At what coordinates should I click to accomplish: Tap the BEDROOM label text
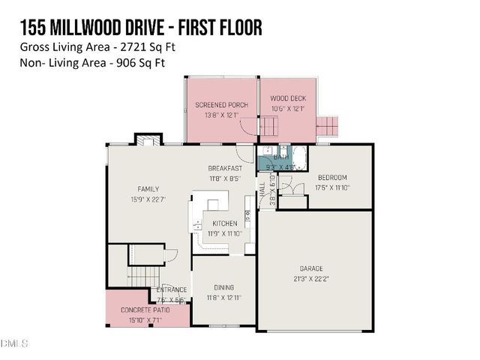pos(334,179)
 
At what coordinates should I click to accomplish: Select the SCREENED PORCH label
pos(221,105)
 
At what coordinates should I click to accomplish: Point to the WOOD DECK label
pos(287,97)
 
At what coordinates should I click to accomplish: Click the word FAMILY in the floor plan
pos(148,189)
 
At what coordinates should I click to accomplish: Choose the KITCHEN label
pos(224,223)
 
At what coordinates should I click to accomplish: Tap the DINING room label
pos(223,287)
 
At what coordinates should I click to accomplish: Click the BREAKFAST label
pos(225,169)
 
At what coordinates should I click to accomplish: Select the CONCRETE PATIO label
pos(145,310)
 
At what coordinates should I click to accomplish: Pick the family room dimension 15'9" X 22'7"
pos(148,199)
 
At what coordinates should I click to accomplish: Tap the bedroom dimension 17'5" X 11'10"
pos(334,187)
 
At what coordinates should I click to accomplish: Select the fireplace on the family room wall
pos(148,139)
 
